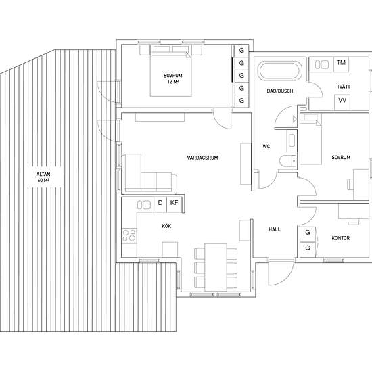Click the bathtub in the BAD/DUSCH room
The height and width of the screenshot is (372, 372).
[x=280, y=71]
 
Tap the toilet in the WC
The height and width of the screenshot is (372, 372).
[x=288, y=162]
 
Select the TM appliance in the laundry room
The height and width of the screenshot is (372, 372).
[x=341, y=64]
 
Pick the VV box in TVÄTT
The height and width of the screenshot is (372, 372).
[x=342, y=102]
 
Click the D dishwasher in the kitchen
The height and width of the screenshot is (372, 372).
[x=160, y=204]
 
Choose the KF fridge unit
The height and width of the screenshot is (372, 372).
[x=175, y=204]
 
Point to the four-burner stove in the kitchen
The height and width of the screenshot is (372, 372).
[x=129, y=235]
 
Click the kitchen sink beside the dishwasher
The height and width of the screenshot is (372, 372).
[x=144, y=205]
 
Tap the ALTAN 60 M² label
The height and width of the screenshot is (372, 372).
[x=43, y=177]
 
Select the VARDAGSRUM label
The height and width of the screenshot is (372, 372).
[x=203, y=158]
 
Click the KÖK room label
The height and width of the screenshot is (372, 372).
[x=166, y=226]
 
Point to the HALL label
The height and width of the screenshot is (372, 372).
[x=275, y=229]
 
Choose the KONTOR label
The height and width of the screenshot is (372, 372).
[x=341, y=238]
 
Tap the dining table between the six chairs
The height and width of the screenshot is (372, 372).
[x=216, y=267]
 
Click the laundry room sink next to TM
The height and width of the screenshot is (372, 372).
[x=322, y=64]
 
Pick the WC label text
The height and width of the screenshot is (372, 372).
[x=266, y=147]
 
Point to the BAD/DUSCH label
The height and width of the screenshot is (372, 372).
[x=280, y=91]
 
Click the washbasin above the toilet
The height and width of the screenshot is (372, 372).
[x=292, y=141]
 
